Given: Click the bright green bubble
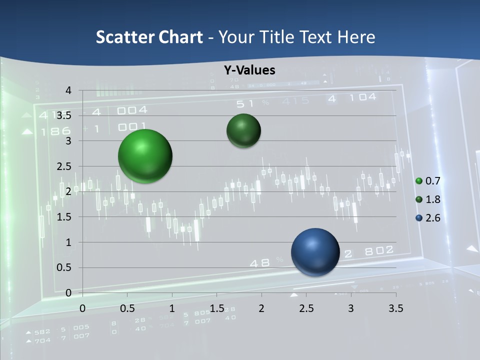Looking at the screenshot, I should point(145,156).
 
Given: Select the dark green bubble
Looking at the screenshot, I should point(243,130).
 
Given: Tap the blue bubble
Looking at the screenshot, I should point(315,252).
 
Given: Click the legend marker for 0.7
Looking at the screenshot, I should point(419,180).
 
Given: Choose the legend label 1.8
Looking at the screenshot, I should point(432,199).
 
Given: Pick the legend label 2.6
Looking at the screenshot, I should point(432,218).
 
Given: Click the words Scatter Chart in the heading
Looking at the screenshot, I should point(149,37).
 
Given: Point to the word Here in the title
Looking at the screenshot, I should point(356,37).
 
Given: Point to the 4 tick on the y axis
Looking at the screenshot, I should point(69,90).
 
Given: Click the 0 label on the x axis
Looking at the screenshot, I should point(82,308).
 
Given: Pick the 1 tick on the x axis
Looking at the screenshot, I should point(172,308).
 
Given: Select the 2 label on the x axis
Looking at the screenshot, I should point(261,308).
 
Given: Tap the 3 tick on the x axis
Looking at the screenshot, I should point(351,308).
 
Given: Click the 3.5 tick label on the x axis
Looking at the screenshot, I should point(395,308).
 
